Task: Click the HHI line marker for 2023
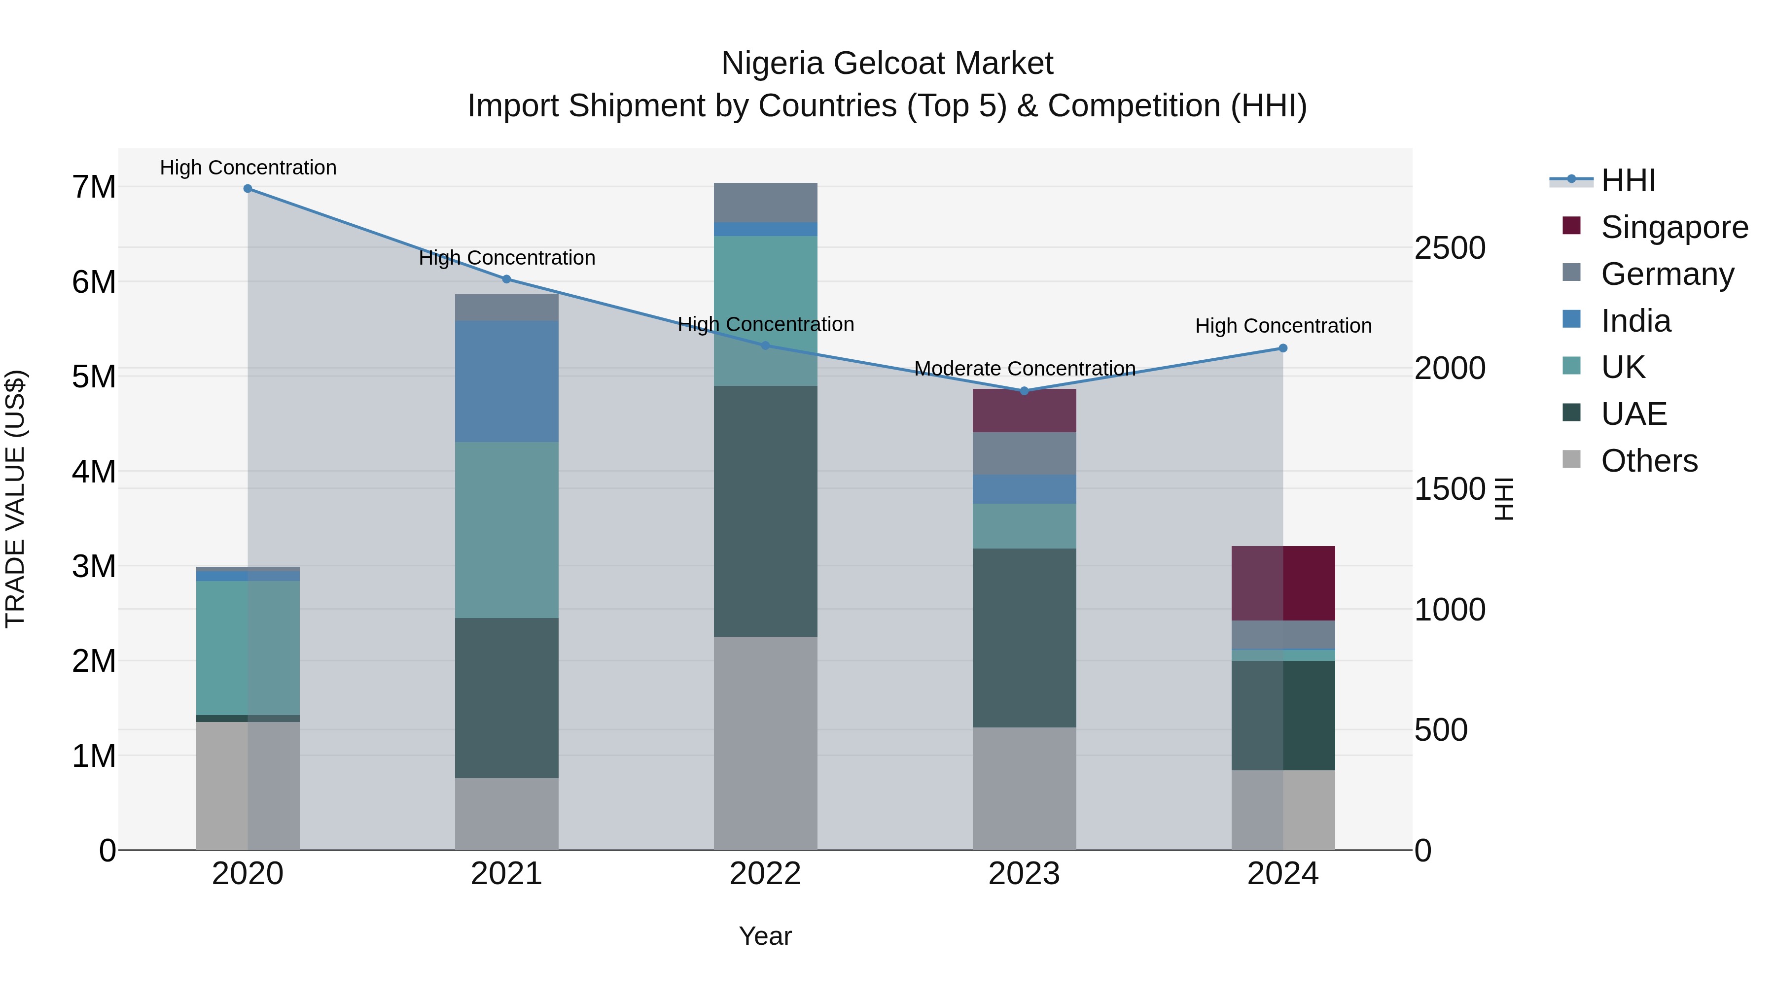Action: coord(1024,390)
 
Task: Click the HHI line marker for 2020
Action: coord(248,188)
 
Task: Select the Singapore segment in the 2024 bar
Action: coord(1283,584)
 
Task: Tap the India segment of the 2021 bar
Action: coord(506,381)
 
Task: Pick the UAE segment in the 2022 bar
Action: coord(765,511)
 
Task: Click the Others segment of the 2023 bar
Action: coord(1024,788)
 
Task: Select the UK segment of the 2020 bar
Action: coord(248,648)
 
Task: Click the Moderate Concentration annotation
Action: coord(1025,369)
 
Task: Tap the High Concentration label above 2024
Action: coord(1283,326)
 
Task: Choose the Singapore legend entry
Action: coord(1674,227)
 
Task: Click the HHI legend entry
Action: coord(1628,180)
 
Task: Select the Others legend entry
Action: coord(1649,461)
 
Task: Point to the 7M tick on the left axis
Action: coord(94,187)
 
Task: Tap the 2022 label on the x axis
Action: coord(765,874)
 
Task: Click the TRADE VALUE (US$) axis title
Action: coord(16,499)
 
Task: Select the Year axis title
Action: coord(765,936)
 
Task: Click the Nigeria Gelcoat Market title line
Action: coord(887,64)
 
